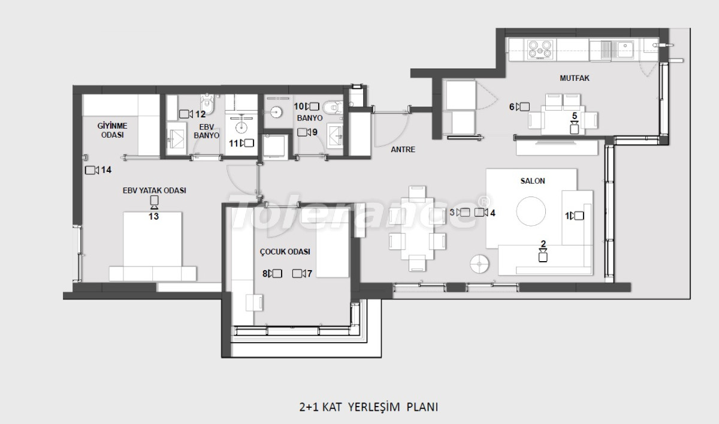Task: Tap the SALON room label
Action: pos(533,181)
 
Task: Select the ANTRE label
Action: pos(403,150)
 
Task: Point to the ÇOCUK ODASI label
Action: pos(285,252)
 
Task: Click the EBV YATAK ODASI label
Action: pos(153,190)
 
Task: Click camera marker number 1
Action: pos(576,216)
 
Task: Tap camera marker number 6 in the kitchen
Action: pos(523,107)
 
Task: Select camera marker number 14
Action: pos(92,170)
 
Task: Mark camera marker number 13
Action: pos(154,202)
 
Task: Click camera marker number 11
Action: pos(247,143)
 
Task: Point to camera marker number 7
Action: pos(298,274)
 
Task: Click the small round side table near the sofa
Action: pos(479,264)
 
